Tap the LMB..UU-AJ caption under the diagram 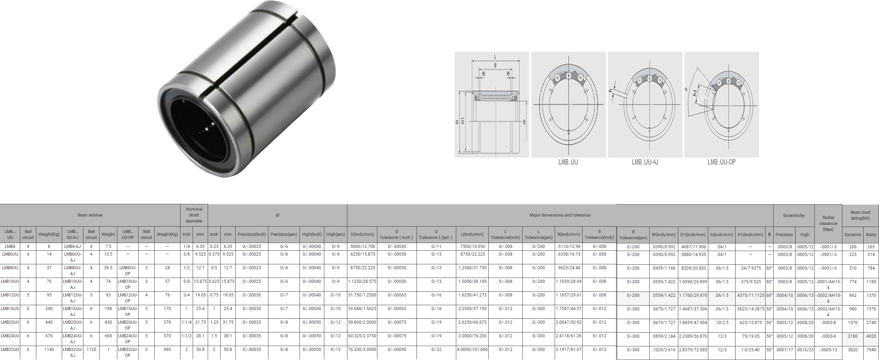click(645, 162)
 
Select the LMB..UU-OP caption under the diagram click(722, 162)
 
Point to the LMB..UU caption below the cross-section click(568, 162)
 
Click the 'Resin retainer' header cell click(90, 215)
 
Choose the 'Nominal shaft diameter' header click(194, 215)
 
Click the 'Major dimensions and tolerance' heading click(560, 215)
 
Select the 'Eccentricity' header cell click(793, 215)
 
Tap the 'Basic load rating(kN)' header click(860, 215)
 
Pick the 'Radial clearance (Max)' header click(828, 223)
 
